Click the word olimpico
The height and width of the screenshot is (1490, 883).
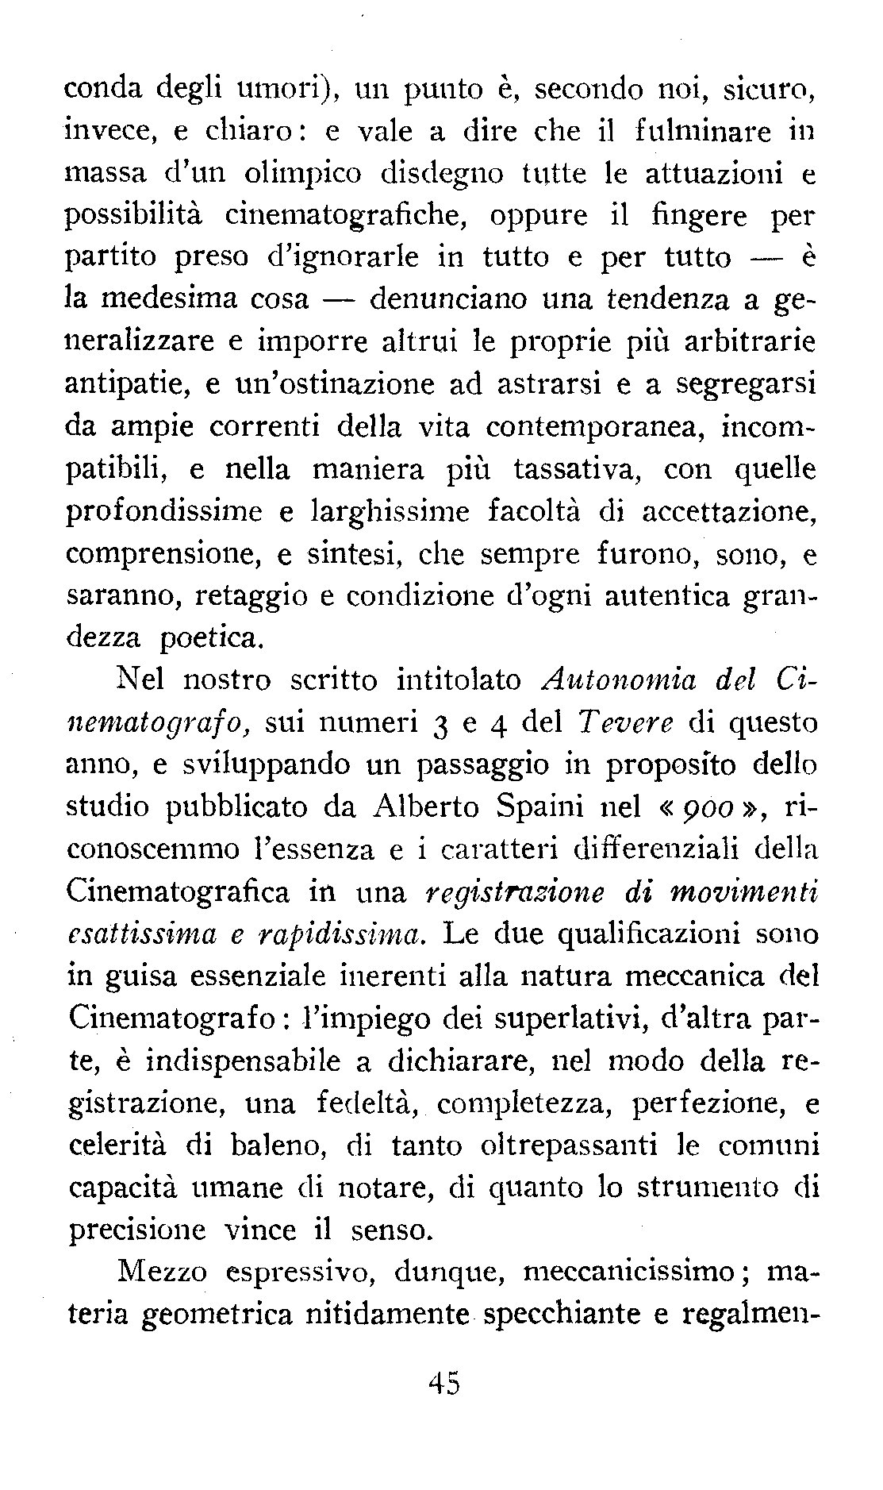[x=281, y=173]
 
